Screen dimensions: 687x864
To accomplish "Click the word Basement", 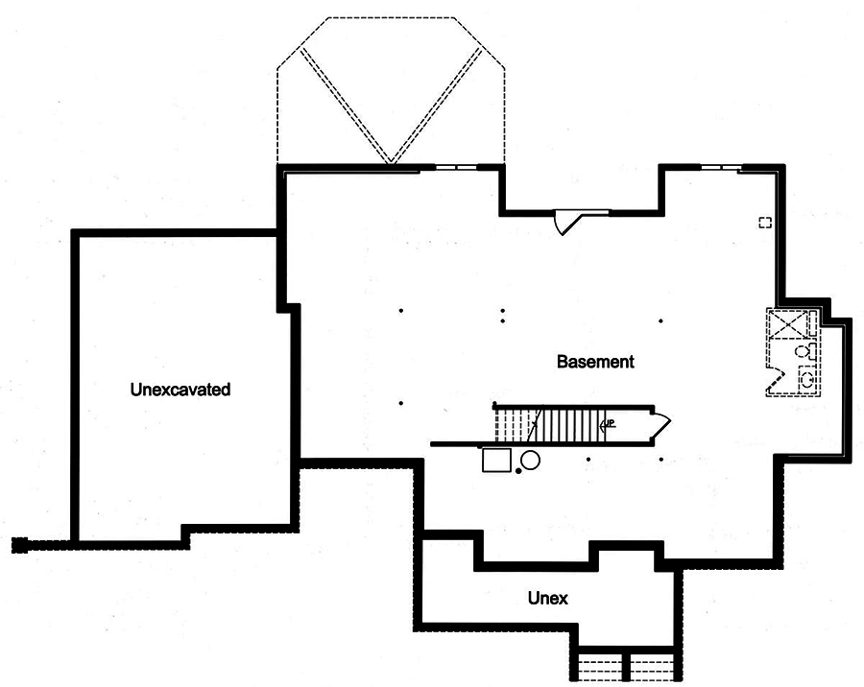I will point(595,362).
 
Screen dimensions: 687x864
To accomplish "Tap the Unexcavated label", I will point(180,390).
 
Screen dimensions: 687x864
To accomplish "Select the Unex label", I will point(547,599).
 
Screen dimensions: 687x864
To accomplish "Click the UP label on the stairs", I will point(607,423).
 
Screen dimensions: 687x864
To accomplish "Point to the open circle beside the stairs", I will point(530,460).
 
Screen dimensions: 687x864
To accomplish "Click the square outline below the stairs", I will point(497,461).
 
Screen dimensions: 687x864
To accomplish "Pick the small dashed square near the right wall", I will point(765,223).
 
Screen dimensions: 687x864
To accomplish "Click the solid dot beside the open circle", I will point(518,471).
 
